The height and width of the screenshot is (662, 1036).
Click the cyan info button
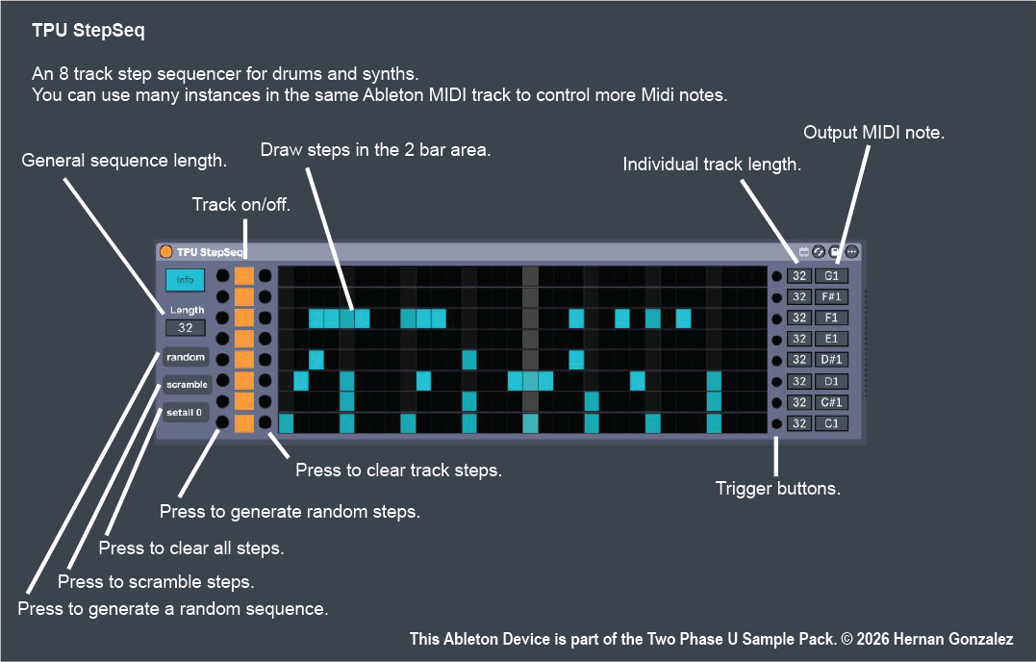pos(186,280)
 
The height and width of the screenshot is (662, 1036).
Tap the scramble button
pos(187,385)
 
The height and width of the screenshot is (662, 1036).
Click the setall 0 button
pos(185,413)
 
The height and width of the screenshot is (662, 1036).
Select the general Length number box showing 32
pos(186,328)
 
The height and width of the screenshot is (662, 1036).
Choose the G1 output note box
pos(831,275)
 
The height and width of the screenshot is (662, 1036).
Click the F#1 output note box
pos(831,296)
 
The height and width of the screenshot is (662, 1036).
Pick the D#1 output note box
pos(831,360)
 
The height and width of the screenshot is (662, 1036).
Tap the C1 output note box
pos(831,423)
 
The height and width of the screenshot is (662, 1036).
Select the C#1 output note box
pos(831,402)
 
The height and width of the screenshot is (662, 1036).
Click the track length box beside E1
pos(799,339)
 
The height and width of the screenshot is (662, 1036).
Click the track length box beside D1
pos(799,381)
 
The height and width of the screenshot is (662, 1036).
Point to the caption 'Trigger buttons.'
pos(778,489)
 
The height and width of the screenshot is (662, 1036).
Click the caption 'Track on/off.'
pos(241,204)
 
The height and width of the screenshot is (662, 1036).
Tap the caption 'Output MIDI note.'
pos(873,133)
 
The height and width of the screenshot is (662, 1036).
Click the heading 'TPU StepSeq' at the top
pos(88,31)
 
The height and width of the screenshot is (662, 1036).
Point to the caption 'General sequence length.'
pos(124,161)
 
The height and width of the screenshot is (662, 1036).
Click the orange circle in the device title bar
pos(166,252)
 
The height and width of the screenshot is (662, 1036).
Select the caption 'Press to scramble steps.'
pos(156,581)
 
